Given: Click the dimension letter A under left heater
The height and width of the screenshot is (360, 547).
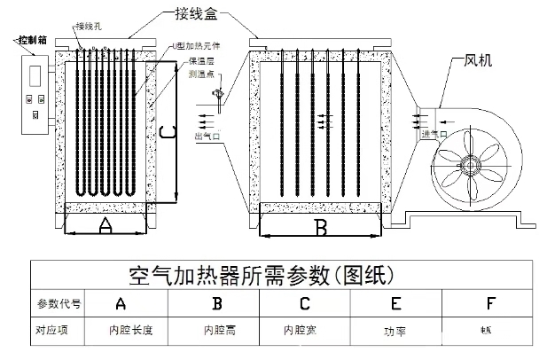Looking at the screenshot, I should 105,226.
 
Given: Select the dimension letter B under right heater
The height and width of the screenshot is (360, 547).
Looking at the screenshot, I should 321,228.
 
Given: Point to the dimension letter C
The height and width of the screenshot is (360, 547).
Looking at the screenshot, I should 165,133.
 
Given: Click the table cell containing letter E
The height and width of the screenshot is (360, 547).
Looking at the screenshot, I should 395,303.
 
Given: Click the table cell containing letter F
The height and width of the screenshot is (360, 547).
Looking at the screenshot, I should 490,303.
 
